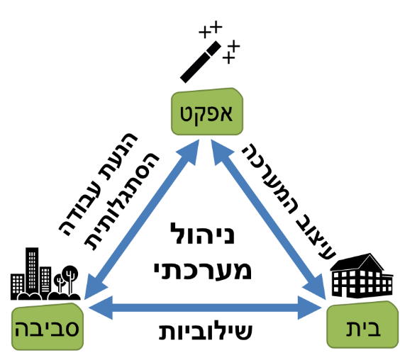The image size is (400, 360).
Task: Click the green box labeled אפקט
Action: (207, 112)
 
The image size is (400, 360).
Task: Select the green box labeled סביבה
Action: (48, 327)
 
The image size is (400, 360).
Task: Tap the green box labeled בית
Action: (362, 325)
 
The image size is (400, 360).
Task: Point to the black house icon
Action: (362, 276)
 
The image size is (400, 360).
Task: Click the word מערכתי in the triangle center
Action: (203, 269)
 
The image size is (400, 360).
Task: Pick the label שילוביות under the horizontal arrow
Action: (206, 331)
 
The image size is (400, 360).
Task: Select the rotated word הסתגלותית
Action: (123, 201)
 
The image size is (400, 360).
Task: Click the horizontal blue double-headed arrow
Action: (205, 308)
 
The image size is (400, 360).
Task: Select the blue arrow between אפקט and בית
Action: (268, 220)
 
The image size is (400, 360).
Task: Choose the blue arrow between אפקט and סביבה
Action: (142, 219)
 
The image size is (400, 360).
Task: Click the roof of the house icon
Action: (357, 263)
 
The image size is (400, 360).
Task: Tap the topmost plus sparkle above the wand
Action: (216, 27)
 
